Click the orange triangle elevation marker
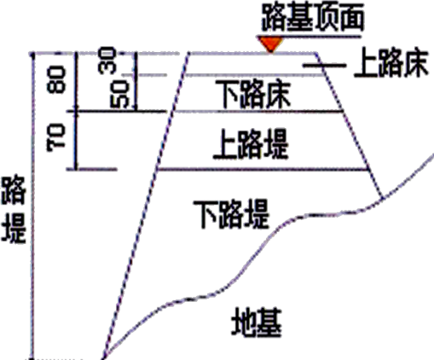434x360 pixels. point(270,44)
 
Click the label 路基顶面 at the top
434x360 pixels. point(313,18)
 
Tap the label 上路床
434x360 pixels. point(391,63)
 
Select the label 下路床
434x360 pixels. point(253,94)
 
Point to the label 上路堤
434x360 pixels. point(251,144)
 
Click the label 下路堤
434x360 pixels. point(231,214)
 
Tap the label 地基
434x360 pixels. point(257,322)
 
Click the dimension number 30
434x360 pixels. point(107,61)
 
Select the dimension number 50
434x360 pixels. point(119,94)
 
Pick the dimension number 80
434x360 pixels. point(56,79)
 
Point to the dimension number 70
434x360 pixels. point(56,137)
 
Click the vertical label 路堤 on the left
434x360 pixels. point(14,209)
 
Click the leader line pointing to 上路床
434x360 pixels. point(325,66)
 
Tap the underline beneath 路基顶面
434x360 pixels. point(309,37)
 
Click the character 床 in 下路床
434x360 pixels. point(278,94)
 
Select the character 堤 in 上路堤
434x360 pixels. point(276,144)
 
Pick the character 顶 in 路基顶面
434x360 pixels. point(326,18)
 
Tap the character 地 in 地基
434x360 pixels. point(244,322)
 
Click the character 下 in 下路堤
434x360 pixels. point(205,214)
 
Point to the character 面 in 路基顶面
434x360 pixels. point(351,18)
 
